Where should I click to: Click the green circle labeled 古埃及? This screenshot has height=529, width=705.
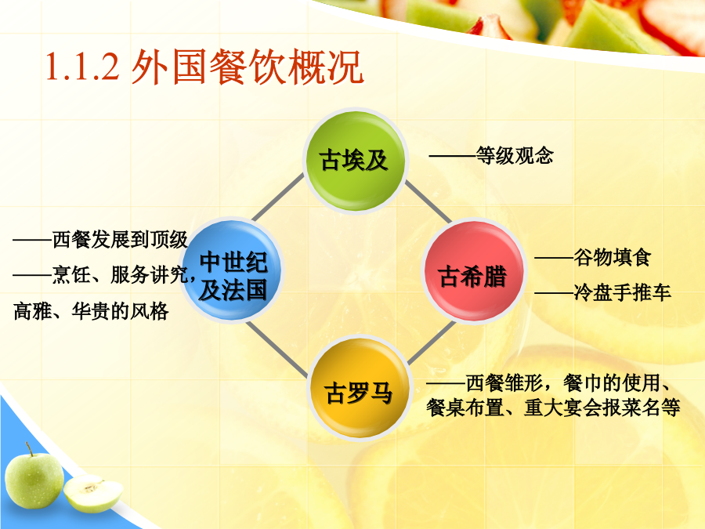[x=355, y=161]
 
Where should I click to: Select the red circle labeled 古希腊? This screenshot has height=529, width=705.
[x=473, y=271]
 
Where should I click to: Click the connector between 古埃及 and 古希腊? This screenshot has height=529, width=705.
[x=428, y=202]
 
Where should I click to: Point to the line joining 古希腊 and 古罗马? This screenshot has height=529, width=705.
[x=431, y=342]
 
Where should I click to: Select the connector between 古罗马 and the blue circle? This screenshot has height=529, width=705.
[x=277, y=349]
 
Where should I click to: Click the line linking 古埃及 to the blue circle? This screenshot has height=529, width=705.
[x=278, y=197]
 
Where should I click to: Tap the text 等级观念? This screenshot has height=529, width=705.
[x=515, y=156]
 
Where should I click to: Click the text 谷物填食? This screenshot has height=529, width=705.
[x=612, y=257]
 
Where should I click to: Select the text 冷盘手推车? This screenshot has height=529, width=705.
[x=622, y=292]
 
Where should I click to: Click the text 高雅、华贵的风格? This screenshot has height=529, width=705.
[x=91, y=311]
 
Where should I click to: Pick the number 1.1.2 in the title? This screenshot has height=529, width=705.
[x=82, y=67]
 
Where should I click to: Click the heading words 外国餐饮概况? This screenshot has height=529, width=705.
[x=247, y=67]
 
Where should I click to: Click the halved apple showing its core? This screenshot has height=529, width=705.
[x=93, y=494]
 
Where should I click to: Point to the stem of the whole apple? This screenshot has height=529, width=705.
[x=29, y=448]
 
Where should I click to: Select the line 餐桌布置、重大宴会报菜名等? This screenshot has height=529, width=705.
[x=553, y=408]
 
